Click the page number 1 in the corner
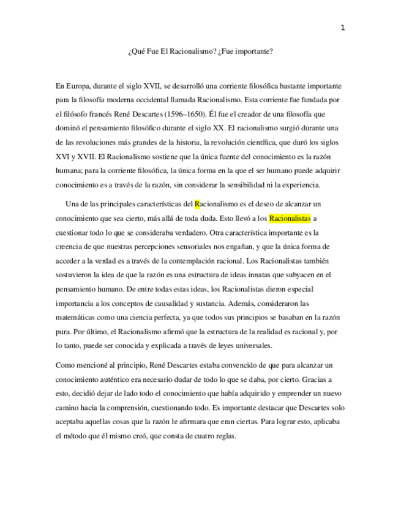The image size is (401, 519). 343,28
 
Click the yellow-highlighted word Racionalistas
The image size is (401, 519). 290,218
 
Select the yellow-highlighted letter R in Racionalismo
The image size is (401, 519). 197,204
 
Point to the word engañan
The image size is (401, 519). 240,246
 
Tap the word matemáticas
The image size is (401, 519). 77,318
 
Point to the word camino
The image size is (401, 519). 67,408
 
